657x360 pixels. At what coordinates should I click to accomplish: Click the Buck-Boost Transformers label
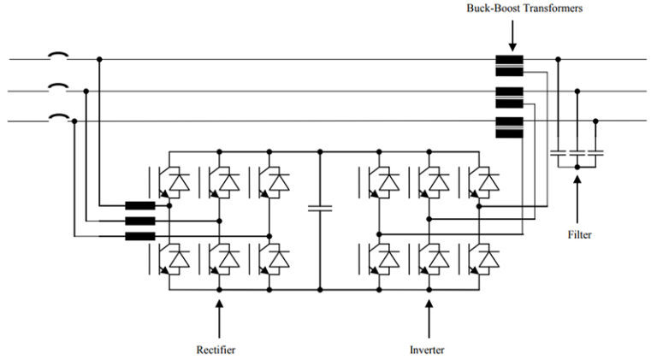coord(512,9)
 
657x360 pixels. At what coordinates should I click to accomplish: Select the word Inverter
coord(427,350)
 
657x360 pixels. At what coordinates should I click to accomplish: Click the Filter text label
coord(579,233)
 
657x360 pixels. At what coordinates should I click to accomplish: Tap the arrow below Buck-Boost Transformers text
coord(512,34)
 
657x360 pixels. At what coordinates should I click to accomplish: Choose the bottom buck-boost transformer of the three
coord(509,125)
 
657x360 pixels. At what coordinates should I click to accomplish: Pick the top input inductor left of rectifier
coord(139,206)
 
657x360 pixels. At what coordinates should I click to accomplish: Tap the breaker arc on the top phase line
coord(57,56)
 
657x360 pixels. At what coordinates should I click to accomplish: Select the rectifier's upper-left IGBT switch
coord(170,180)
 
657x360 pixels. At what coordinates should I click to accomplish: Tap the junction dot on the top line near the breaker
coord(100,60)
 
